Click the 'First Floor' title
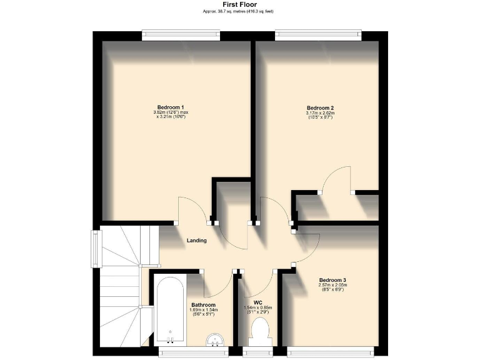(x=240, y=4)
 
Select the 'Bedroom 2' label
(x=320, y=106)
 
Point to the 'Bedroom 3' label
(x=332, y=279)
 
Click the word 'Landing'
(x=196, y=240)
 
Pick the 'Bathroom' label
(x=204, y=304)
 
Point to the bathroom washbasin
(x=214, y=339)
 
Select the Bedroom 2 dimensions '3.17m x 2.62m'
(x=320, y=113)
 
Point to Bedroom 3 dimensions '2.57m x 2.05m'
(x=332, y=286)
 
